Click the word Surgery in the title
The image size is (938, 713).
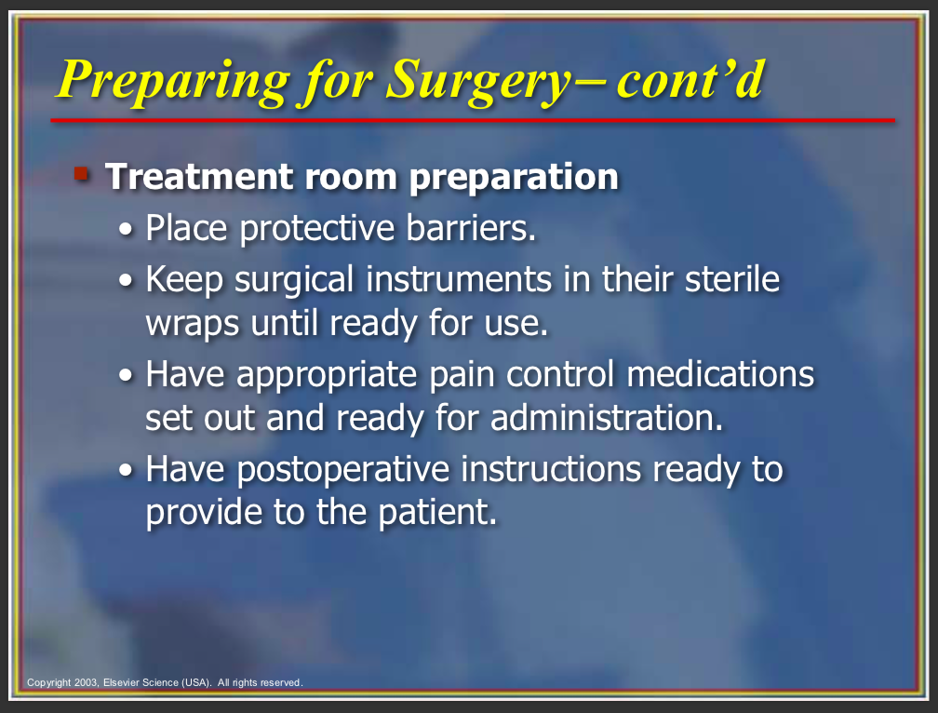[x=478, y=81]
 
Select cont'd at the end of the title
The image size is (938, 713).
[x=690, y=78]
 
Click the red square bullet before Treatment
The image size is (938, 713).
[x=81, y=174]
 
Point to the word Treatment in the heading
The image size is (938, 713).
[x=199, y=177]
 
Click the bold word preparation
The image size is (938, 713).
[x=514, y=179]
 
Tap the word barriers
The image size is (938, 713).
[x=471, y=228]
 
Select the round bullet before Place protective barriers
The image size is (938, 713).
[x=126, y=229]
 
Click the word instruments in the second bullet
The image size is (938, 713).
[x=459, y=279]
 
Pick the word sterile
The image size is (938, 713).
[x=732, y=279]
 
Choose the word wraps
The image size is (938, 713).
[x=193, y=324]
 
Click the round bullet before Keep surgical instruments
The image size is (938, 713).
[x=126, y=280]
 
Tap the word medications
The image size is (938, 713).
[x=720, y=374]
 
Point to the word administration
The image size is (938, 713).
[x=607, y=418]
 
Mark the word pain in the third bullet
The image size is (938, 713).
[x=462, y=375]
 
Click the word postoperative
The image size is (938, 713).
[x=342, y=469]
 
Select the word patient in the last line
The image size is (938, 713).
[x=437, y=513]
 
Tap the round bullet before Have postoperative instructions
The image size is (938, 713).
[x=126, y=470]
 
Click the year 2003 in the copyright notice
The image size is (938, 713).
[x=87, y=682]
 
